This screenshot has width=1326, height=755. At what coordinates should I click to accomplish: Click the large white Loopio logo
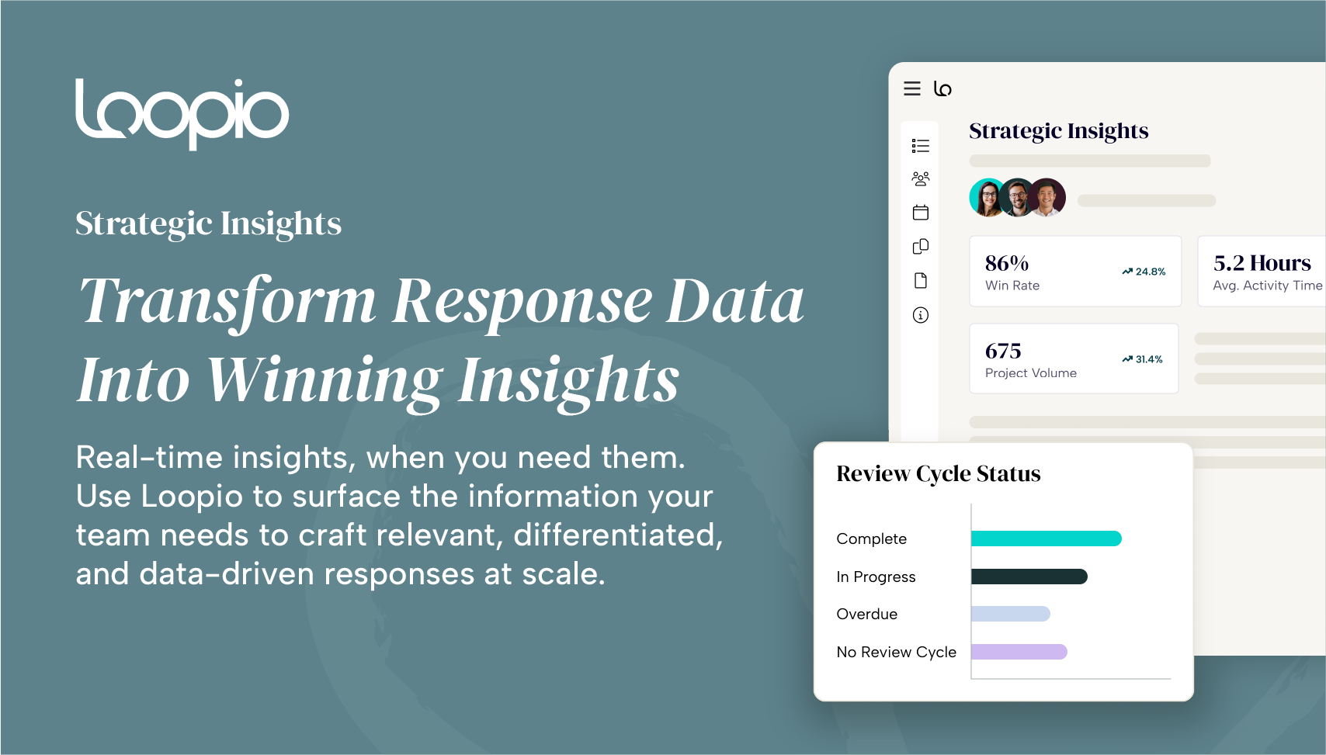pyautogui.click(x=182, y=114)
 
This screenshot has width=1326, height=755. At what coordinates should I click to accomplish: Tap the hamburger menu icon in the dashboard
pyautogui.click(x=911, y=88)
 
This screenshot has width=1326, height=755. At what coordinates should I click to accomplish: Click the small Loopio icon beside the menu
pyautogui.click(x=942, y=88)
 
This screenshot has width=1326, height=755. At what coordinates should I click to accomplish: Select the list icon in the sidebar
pyautogui.click(x=921, y=146)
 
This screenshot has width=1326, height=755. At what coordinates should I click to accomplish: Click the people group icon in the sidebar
pyautogui.click(x=921, y=178)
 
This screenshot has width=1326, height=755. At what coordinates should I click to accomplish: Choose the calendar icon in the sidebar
pyautogui.click(x=921, y=213)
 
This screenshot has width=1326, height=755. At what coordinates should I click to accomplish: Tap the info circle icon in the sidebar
pyautogui.click(x=921, y=315)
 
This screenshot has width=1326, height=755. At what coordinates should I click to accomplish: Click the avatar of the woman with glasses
pyautogui.click(x=988, y=198)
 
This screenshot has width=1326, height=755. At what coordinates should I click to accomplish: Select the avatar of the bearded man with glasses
pyautogui.click(x=1018, y=198)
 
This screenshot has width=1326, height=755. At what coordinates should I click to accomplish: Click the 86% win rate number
pyautogui.click(x=1006, y=263)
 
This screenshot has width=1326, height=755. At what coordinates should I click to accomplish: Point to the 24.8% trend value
pyautogui.click(x=1151, y=272)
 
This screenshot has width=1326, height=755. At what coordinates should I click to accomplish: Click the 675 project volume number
pyautogui.click(x=1003, y=351)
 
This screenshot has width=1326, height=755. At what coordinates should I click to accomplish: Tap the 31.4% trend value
pyautogui.click(x=1149, y=359)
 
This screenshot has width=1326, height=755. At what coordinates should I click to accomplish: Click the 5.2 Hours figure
pyautogui.click(x=1262, y=263)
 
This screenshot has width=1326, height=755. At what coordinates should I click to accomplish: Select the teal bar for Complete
pyautogui.click(x=1047, y=539)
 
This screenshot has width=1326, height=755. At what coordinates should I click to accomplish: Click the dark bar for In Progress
pyautogui.click(x=1029, y=577)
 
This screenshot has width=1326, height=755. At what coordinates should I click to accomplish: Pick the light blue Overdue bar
pyautogui.click(x=1011, y=614)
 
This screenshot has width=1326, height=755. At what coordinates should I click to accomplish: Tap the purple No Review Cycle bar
pyautogui.click(x=1019, y=652)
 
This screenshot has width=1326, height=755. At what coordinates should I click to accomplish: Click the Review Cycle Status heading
pyautogui.click(x=939, y=474)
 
